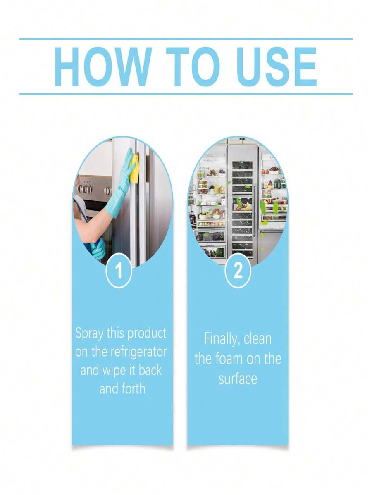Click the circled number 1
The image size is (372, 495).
click(x=119, y=272)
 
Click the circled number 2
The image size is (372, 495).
click(x=238, y=272)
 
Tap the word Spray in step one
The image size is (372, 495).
click(x=89, y=333)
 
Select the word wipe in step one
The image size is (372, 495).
click(x=114, y=371)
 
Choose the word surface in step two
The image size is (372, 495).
click(x=238, y=378)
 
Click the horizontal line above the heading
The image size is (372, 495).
click(x=186, y=39)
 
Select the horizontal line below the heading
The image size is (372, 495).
click(x=186, y=94)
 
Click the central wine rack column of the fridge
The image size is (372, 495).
click(x=242, y=202)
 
